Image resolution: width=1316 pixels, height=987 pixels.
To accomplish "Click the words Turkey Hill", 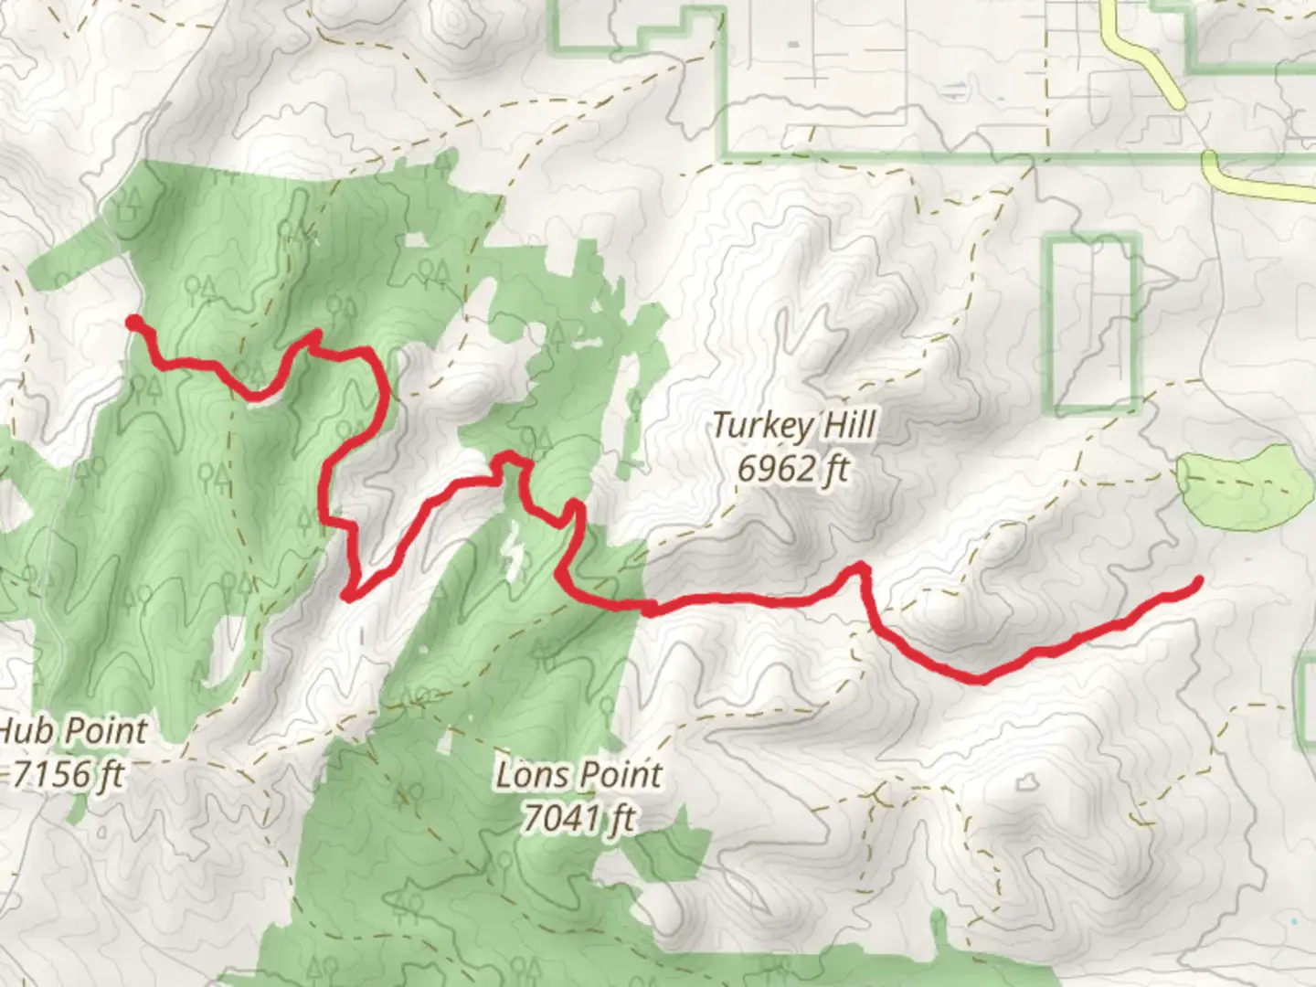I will [x=793, y=425].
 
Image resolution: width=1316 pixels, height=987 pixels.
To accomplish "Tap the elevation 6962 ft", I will [x=793, y=469].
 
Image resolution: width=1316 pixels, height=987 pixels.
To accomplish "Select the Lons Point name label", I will [x=578, y=776].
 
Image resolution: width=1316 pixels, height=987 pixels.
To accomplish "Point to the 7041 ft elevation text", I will [x=578, y=818].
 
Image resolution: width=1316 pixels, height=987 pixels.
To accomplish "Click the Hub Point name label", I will [x=73, y=731].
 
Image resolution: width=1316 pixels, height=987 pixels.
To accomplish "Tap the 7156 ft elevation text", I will [x=69, y=775].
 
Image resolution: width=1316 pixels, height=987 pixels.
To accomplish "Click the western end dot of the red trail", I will [x=133, y=322].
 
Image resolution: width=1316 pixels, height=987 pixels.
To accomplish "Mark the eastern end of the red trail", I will [x=1197, y=580].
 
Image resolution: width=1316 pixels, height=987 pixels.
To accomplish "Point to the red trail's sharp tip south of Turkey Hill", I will [x=858, y=568].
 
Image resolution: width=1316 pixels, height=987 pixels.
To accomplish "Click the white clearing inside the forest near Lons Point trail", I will [x=512, y=553].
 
